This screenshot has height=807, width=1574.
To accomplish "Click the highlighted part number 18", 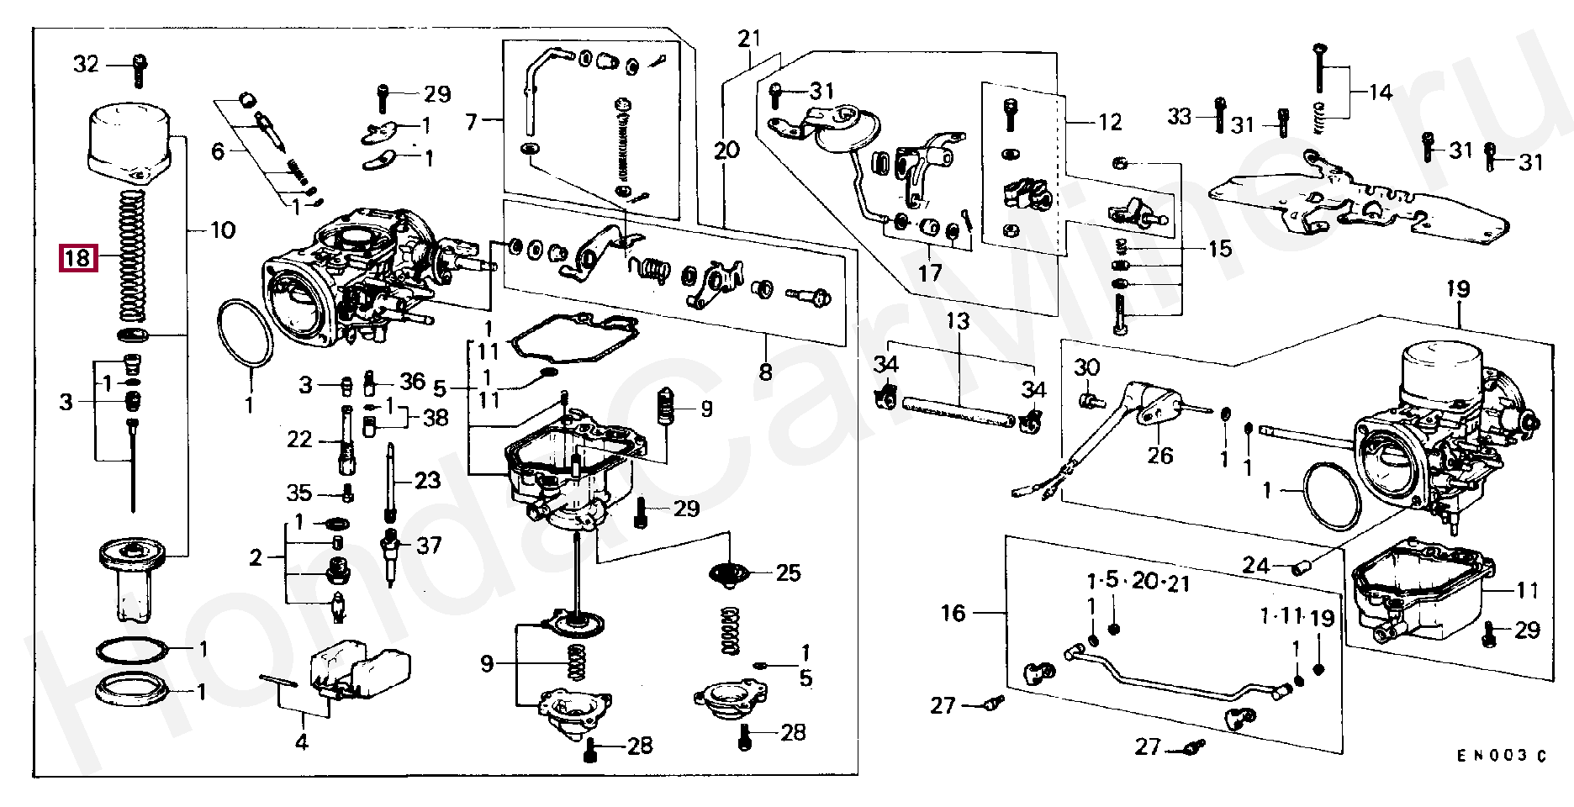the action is (x=77, y=258).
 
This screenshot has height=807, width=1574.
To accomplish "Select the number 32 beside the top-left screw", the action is (x=86, y=64).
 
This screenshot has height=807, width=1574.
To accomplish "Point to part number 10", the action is (x=222, y=229).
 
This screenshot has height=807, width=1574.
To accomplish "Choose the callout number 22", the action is (x=299, y=440).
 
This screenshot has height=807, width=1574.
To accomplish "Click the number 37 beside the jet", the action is (x=429, y=546).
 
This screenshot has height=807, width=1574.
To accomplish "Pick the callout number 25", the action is (x=788, y=573).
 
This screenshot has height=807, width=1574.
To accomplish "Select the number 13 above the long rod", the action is (x=957, y=321).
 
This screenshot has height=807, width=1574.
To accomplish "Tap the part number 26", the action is (x=1159, y=455).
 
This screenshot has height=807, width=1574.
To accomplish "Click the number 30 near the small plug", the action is (x=1086, y=367).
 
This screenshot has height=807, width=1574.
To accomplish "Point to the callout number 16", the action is (x=953, y=613).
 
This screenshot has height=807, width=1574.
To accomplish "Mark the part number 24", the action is (x=1256, y=566).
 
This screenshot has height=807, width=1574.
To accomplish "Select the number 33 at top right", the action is (x=1180, y=116).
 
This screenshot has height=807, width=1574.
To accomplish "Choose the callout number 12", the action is (x=1110, y=123).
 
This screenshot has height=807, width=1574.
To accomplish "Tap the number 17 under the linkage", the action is (x=930, y=273).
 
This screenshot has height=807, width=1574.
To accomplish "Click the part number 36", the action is (x=412, y=382).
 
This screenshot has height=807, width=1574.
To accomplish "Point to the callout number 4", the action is (x=301, y=742).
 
